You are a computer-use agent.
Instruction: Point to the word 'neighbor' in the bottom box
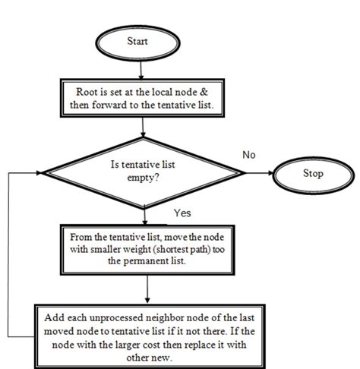pos(165,315)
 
